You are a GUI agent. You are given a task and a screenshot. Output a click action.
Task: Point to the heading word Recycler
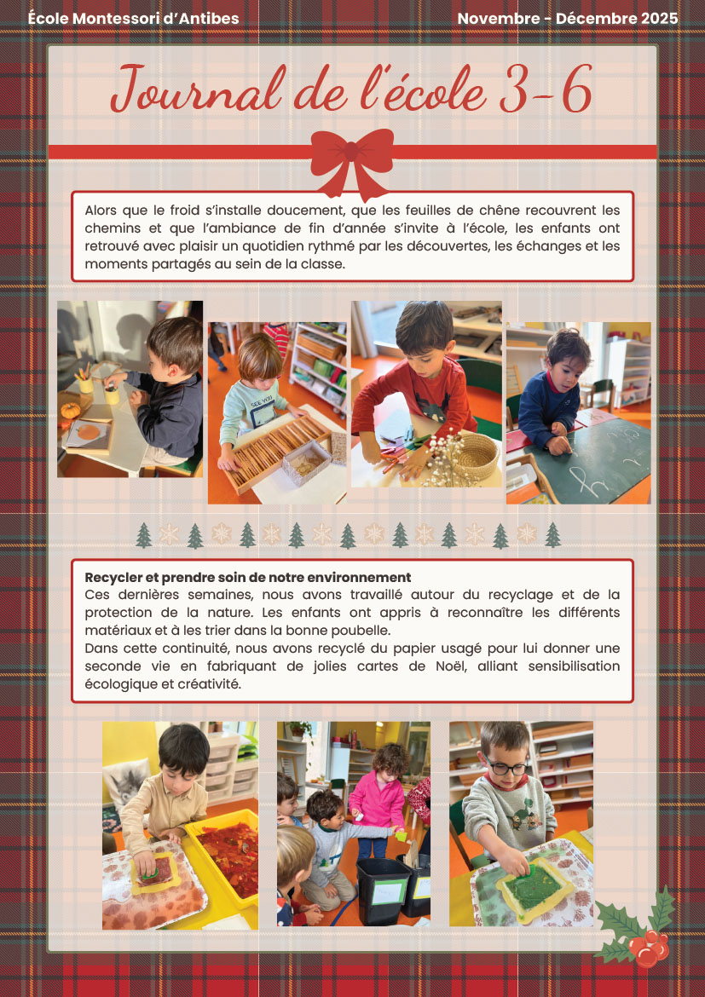[x=114, y=578]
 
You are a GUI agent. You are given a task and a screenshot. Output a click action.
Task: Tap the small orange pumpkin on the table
[x=70, y=410]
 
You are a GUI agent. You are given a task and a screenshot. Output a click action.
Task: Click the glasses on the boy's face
[x=506, y=767]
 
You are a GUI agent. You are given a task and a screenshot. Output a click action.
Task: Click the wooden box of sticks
[x=276, y=452]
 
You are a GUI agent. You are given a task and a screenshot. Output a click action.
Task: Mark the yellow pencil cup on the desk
[x=112, y=395]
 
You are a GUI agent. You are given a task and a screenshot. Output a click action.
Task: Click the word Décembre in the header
[x=583, y=19]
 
